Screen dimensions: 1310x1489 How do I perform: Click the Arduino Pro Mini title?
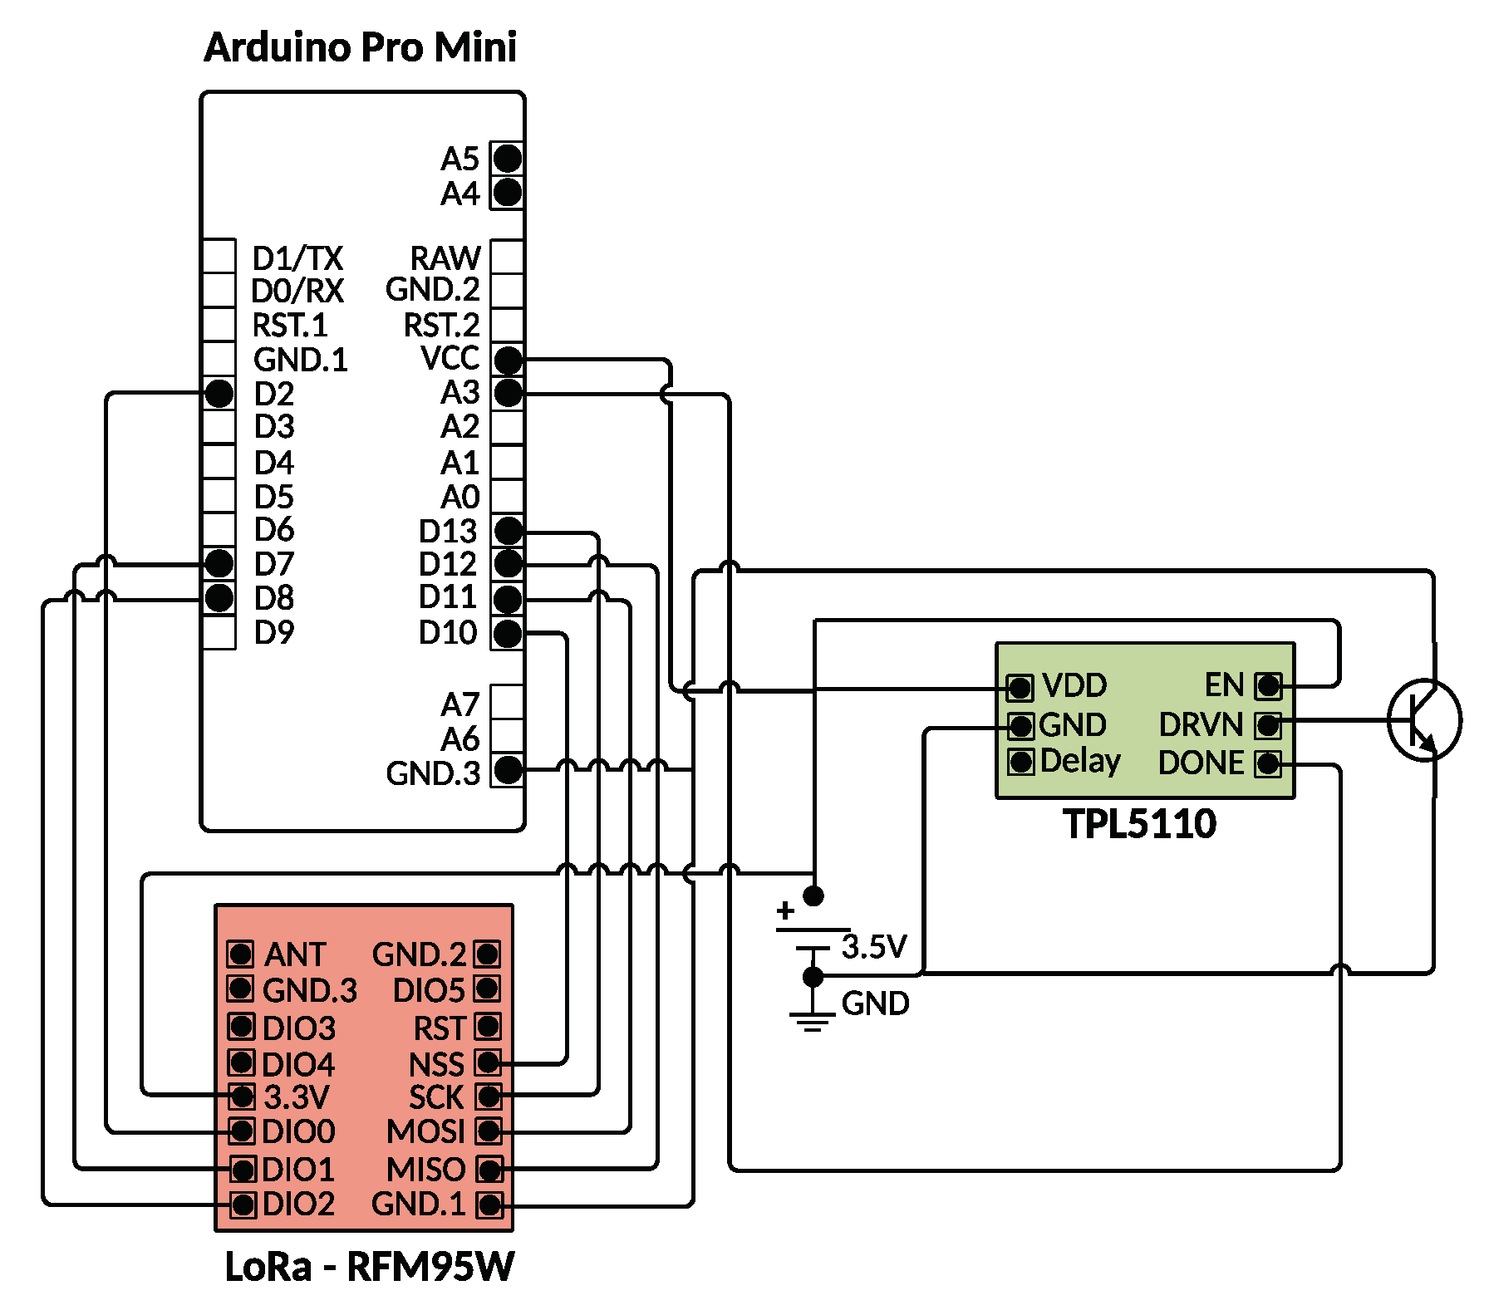(360, 47)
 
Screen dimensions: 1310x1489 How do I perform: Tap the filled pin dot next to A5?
(507, 158)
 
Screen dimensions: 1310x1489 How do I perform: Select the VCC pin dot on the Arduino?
(508, 361)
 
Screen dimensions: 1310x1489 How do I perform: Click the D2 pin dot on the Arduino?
(219, 394)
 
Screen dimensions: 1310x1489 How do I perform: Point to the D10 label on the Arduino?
(448, 633)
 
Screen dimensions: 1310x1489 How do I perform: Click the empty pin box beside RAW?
(507, 257)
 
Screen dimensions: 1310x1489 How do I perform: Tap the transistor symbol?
(1423, 719)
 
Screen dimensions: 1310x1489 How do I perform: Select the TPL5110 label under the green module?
(1139, 824)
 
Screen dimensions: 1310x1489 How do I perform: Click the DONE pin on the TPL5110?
(1268, 763)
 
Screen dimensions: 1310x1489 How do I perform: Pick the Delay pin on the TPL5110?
(1020, 761)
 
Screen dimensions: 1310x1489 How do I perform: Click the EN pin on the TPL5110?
(1268, 686)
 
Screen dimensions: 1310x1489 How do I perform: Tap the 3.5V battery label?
(873, 947)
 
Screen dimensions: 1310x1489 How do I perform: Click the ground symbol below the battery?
(812, 1020)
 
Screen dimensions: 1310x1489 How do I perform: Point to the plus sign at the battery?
(785, 911)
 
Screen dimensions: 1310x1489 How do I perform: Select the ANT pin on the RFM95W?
(241, 954)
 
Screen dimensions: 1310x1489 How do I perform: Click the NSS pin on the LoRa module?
(488, 1062)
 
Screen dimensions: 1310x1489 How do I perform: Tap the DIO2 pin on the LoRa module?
(243, 1204)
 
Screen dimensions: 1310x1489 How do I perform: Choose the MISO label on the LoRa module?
(425, 1170)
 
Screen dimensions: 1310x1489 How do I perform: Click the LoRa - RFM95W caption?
(369, 1267)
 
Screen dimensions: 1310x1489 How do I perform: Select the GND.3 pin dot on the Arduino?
(508, 770)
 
